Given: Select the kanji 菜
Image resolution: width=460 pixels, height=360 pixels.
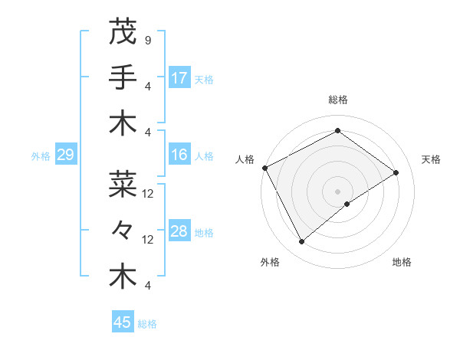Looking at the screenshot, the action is click(123, 184).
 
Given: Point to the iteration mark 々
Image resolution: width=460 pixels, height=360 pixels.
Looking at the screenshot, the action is click(123, 231).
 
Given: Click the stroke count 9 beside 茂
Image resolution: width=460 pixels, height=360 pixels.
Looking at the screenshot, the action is click(147, 39).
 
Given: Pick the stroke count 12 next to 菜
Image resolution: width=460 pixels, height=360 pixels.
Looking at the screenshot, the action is click(148, 194).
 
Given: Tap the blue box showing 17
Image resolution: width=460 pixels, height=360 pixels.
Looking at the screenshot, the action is click(179, 77).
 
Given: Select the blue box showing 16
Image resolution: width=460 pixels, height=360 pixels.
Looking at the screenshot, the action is click(179, 155).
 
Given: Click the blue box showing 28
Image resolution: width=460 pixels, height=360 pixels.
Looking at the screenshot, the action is click(179, 231).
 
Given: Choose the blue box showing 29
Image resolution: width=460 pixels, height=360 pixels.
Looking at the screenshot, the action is click(65, 155).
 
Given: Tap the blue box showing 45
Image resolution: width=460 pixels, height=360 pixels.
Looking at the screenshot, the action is click(123, 322).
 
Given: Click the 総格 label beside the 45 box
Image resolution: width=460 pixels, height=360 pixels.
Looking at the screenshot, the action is click(147, 324).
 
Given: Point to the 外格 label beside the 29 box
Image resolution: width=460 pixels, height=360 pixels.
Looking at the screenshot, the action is click(41, 156).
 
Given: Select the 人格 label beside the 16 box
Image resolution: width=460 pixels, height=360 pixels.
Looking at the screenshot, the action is click(204, 156).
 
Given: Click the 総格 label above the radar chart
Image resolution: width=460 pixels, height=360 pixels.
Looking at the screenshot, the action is click(337, 100).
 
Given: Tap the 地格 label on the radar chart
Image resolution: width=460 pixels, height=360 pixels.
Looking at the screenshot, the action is click(402, 262).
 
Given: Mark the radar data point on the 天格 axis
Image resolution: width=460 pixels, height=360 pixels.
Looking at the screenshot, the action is click(396, 172).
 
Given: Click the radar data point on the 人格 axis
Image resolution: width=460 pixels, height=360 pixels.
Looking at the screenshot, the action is click(264, 168).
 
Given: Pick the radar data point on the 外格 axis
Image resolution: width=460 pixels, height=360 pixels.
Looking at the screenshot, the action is click(301, 241).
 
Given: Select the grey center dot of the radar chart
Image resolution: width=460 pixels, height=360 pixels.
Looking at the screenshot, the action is click(337, 191).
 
